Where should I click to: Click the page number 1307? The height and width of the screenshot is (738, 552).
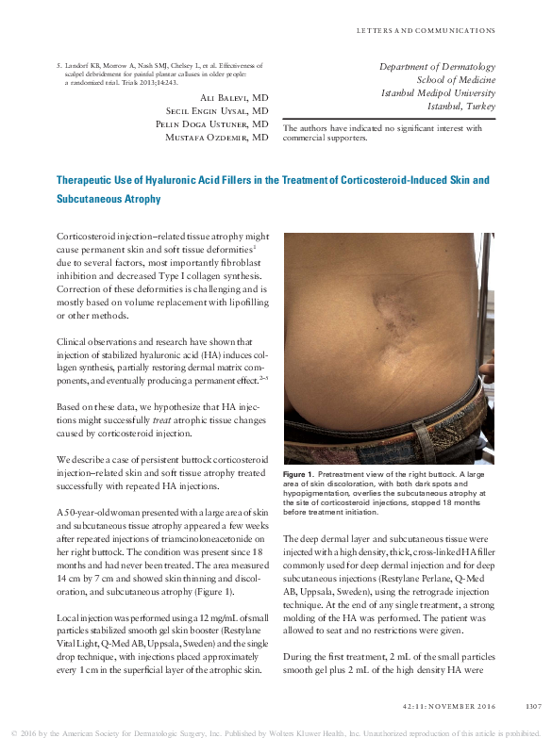(533, 704)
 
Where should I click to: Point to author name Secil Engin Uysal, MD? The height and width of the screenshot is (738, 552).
(217, 111)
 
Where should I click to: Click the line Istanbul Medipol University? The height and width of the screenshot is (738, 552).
(437, 92)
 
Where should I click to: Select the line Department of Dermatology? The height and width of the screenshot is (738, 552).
(437, 67)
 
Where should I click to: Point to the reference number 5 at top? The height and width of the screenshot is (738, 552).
(59, 66)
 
